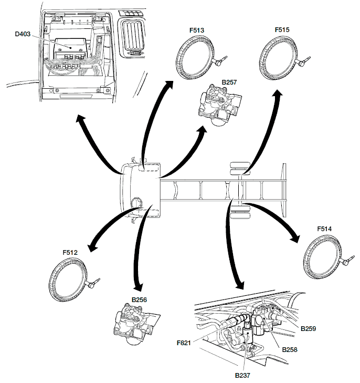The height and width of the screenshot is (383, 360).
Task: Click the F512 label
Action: [70, 252]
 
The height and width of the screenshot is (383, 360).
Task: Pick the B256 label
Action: [139, 299]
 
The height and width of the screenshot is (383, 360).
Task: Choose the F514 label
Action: [325, 229]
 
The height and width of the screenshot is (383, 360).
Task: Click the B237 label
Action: [243, 375]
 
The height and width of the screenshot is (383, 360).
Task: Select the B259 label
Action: [309, 328]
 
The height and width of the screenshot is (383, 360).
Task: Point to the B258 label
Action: [290, 349]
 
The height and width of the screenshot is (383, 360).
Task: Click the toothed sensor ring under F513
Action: [195, 60]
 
